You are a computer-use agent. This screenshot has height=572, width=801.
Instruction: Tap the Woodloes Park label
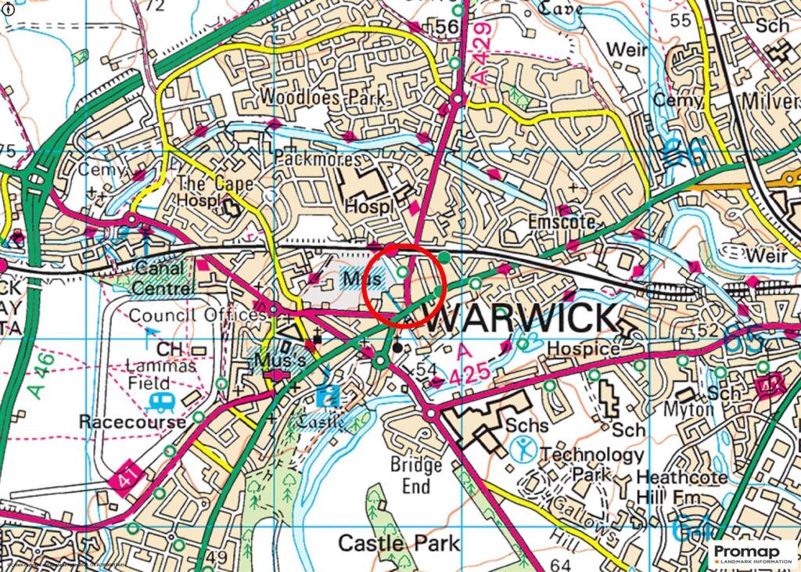point(323,98)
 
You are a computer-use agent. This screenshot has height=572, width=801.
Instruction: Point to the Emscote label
point(558,221)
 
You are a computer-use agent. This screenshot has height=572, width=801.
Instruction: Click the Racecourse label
point(132,422)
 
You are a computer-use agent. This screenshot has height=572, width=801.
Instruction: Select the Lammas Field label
point(149,374)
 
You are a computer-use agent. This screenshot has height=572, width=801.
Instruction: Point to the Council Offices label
point(197,315)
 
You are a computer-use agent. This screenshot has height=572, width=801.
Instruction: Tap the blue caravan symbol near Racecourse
point(161,405)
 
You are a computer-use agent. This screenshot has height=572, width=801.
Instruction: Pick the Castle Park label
point(399,542)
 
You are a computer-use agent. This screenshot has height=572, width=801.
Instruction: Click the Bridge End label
point(416,475)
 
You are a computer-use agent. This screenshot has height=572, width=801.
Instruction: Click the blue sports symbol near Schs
point(524,450)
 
